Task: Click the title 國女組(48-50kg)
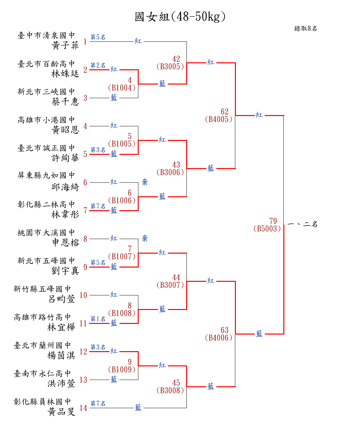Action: click(x=180, y=17)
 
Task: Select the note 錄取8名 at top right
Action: click(x=306, y=29)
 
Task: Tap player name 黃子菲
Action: click(x=65, y=45)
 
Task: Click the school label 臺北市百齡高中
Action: click(x=46, y=64)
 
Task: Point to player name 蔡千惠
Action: click(x=65, y=101)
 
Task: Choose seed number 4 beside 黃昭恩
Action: click(x=85, y=126)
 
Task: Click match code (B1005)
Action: click(x=122, y=144)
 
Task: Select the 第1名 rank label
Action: click(x=98, y=319)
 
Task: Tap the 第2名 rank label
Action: click(x=98, y=65)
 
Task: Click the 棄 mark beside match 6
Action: click(x=145, y=182)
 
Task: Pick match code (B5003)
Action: click(x=267, y=228)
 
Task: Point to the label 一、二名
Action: click(x=303, y=224)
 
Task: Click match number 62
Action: click(x=225, y=112)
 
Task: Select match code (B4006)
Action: click(x=218, y=338)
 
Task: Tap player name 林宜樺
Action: click(x=61, y=327)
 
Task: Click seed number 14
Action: click(x=83, y=408)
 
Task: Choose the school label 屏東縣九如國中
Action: click(x=46, y=175)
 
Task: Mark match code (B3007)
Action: click(x=170, y=285)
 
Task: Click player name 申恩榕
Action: click(x=66, y=243)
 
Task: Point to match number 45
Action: click(x=176, y=383)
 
